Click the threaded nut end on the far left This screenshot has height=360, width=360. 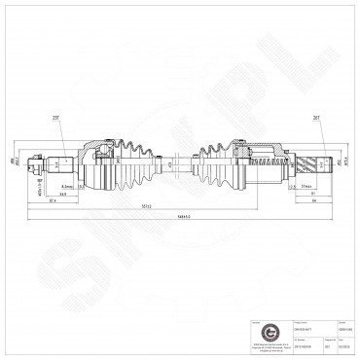35,162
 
